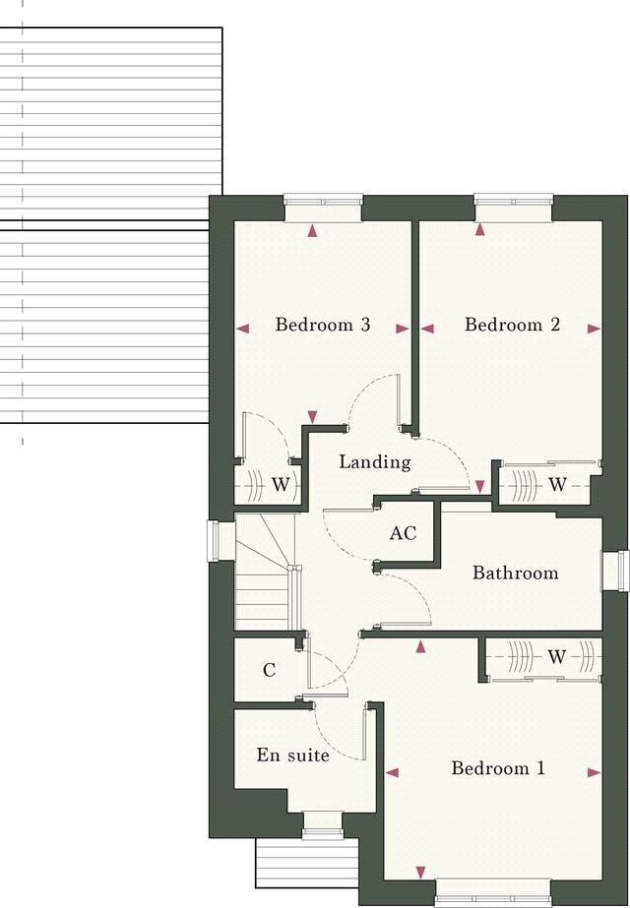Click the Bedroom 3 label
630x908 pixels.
(322, 325)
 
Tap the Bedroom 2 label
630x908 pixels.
(512, 325)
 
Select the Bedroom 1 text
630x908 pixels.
(497, 768)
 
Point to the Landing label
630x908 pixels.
(374, 461)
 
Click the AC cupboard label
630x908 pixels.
(403, 534)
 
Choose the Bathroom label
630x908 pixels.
(515, 573)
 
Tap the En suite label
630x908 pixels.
(292, 756)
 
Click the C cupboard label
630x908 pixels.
(269, 671)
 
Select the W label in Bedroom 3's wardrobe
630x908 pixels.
(281, 484)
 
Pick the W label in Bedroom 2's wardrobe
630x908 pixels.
(557, 484)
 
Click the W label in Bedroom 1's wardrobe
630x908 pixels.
(557, 657)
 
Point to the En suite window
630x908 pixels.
(317, 823)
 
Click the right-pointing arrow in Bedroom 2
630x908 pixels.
(594, 330)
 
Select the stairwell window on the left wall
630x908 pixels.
(216, 540)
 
